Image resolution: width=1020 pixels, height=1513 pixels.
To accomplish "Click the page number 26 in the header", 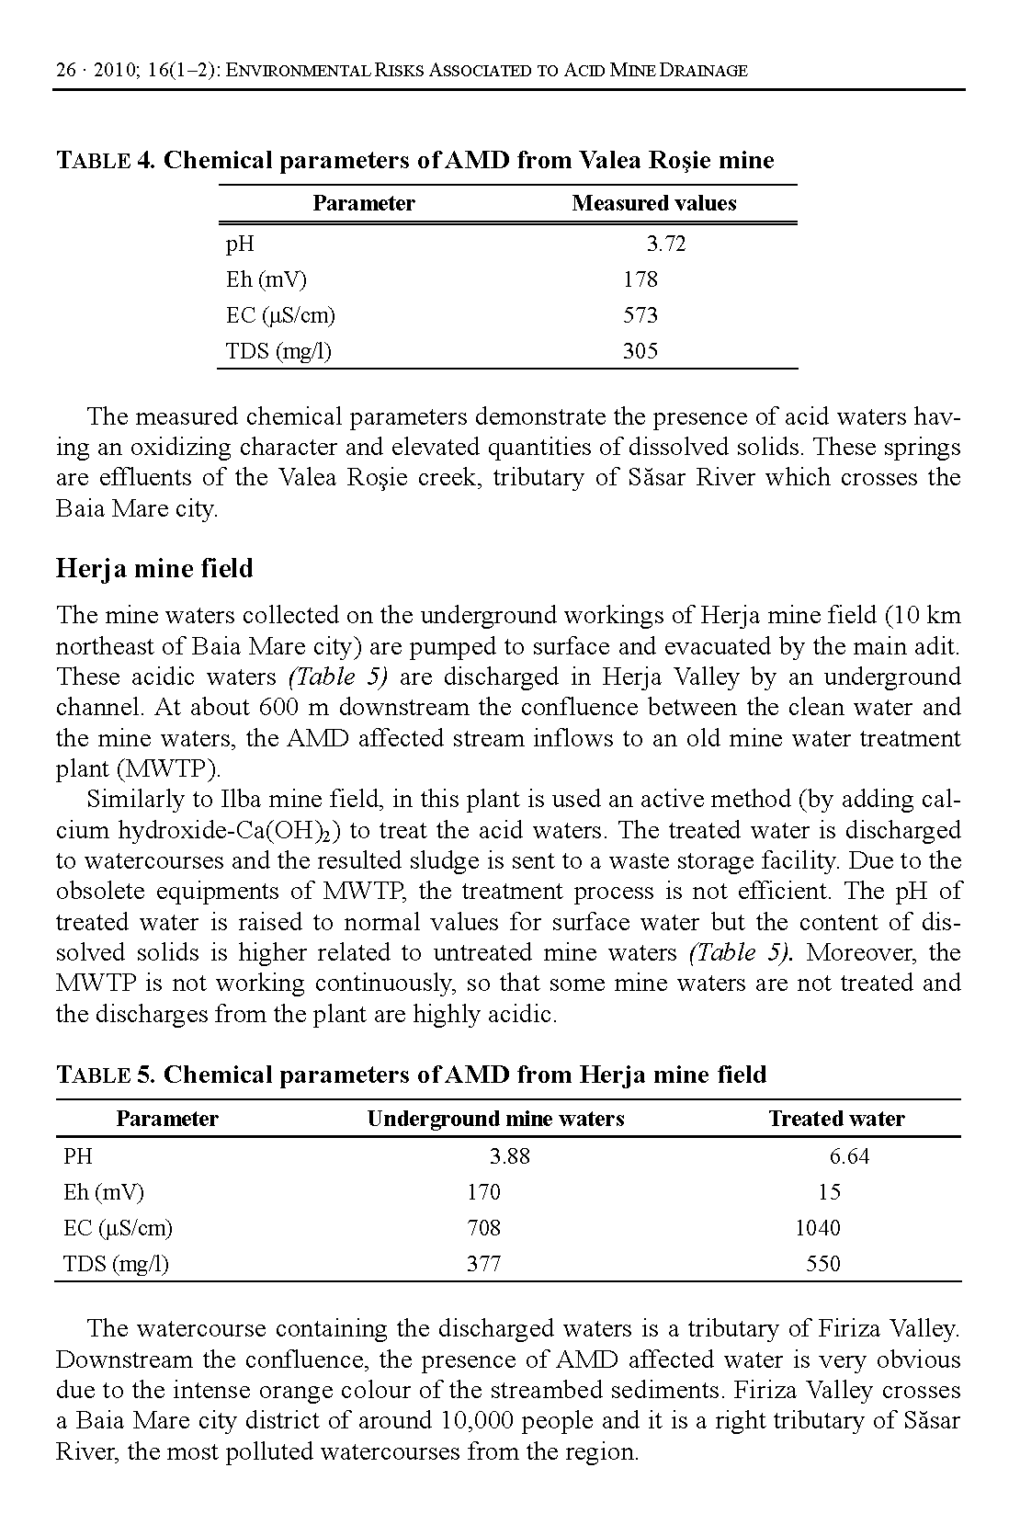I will tap(64, 70).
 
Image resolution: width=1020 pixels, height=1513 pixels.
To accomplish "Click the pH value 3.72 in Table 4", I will tap(665, 244).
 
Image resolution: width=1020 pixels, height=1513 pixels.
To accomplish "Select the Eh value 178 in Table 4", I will tap(640, 279).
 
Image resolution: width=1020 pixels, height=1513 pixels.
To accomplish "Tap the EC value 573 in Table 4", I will tap(640, 315).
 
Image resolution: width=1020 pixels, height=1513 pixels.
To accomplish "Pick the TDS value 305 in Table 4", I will tap(640, 351).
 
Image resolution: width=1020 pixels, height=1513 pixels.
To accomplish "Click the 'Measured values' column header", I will tap(653, 203).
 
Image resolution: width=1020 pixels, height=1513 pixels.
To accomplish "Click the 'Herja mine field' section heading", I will tap(154, 569).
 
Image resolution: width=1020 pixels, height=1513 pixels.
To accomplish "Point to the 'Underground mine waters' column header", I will tap(495, 1119).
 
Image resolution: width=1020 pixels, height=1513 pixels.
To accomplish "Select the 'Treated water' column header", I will tap(836, 1119).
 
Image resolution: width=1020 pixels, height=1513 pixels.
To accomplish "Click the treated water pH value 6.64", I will tap(849, 1156).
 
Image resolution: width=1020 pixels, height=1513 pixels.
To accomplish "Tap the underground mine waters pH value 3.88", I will tap(510, 1156).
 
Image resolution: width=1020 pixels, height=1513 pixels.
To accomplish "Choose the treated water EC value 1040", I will tap(817, 1228).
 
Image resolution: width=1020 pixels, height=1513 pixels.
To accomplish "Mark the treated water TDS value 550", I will tap(823, 1264).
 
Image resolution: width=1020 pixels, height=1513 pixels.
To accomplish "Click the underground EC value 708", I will tap(483, 1228).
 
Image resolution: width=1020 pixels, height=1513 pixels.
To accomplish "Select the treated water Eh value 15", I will tap(829, 1192).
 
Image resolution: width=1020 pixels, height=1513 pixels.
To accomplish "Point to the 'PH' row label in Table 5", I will tap(78, 1156).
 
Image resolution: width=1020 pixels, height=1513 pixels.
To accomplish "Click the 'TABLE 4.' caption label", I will tap(106, 161).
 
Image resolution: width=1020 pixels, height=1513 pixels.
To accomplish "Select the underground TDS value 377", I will tap(483, 1264).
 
